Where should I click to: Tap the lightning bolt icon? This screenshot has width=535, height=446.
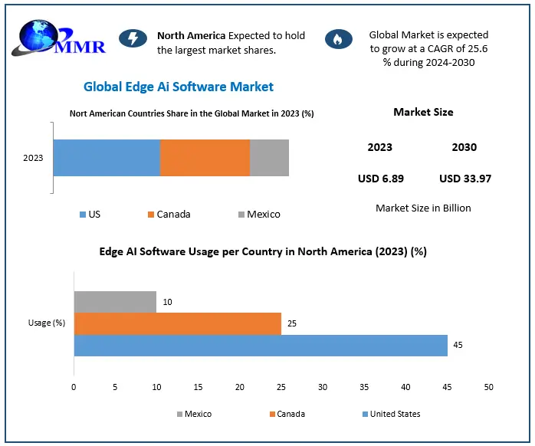[133, 39]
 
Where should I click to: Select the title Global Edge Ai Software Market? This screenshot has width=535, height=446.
[178, 87]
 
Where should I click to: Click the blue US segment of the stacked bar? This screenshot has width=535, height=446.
[107, 158]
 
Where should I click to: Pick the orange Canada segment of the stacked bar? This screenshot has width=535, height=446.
[205, 158]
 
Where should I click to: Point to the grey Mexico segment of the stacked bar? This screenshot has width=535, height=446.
[269, 158]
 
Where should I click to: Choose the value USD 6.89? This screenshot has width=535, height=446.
[380, 179]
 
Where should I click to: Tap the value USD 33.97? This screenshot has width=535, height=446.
[464, 179]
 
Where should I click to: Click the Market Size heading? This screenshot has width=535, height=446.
[423, 112]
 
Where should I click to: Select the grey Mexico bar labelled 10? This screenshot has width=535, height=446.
[115, 302]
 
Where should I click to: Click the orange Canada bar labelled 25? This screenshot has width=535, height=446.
[177, 323]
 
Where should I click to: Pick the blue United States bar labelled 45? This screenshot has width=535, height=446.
[261, 345]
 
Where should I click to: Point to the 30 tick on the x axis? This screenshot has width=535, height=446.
[323, 387]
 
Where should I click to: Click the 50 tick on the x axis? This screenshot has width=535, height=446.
[488, 387]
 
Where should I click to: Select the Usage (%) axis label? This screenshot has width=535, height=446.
[47, 323]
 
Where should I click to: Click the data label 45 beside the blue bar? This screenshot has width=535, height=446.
[458, 345]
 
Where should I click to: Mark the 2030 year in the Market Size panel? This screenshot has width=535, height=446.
[464, 147]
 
